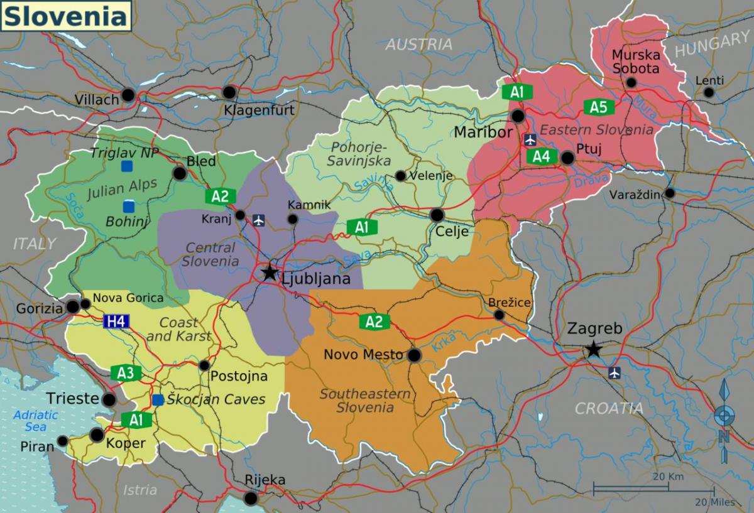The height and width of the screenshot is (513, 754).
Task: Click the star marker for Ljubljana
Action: [270, 273]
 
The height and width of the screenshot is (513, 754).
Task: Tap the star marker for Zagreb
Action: [593, 350]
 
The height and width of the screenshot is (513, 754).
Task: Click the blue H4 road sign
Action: [117, 322]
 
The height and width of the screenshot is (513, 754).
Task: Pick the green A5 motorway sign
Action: [598, 107]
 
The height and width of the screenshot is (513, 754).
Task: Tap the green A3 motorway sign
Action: [125, 373]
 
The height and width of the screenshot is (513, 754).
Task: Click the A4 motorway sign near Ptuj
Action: [542, 156]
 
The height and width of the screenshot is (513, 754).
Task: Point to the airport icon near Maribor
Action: [530, 138]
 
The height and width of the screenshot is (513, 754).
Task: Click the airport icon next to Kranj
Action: [258, 219]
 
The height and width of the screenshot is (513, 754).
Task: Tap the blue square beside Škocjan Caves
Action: [158, 399]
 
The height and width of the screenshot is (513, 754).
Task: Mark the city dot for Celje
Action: [437, 215]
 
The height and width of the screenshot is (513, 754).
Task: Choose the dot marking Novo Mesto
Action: [414, 356]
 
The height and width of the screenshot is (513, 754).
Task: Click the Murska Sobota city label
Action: [635, 61]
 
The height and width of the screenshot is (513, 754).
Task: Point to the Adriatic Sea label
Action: [36, 421]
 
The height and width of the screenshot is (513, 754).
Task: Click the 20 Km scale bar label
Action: [668, 477]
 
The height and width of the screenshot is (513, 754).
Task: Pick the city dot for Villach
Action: [129, 95]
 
